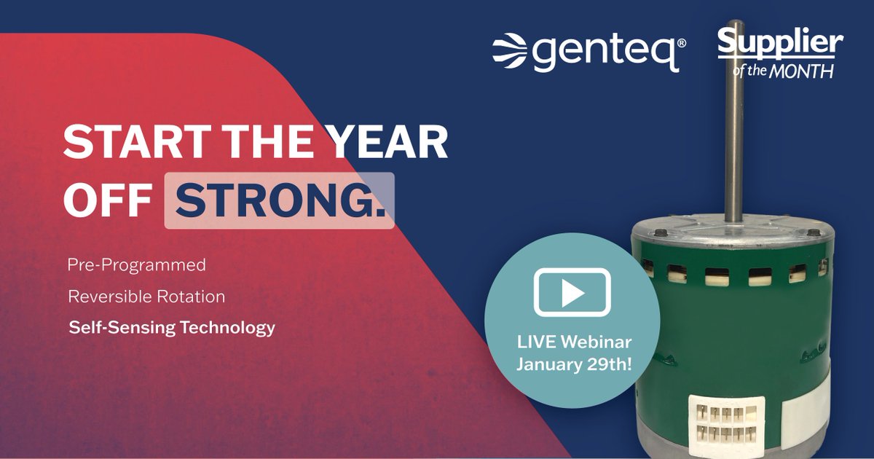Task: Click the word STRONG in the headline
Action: pyautogui.click(x=279, y=200)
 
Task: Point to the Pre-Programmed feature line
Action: pyautogui.click(x=136, y=265)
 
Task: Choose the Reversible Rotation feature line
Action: pyautogui.click(x=146, y=297)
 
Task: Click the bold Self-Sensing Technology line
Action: pyautogui.click(x=172, y=328)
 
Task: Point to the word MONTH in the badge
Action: pyautogui.click(x=808, y=71)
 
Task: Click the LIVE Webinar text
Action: pyautogui.click(x=572, y=341)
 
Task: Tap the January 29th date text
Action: pyautogui.click(x=572, y=364)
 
